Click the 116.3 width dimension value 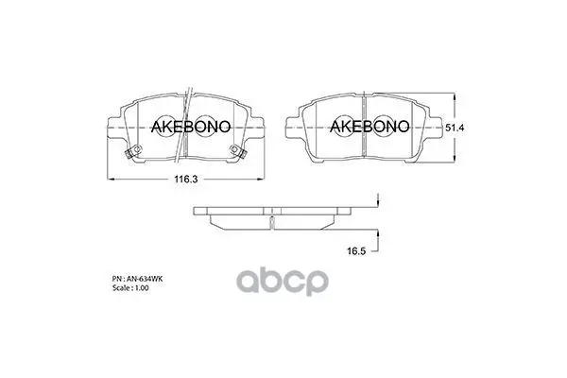point(186,179)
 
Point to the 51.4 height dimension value point(455,128)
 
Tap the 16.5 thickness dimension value point(356,251)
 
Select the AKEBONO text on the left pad point(191,127)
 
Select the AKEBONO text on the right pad point(369,126)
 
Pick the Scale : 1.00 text point(130,288)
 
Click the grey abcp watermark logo point(283,282)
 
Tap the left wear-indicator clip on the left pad point(132,151)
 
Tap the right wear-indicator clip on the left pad point(238,151)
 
